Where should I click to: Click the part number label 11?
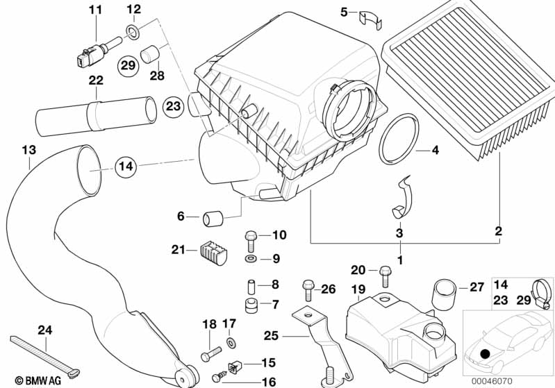coord(95,10)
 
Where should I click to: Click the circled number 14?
coord(125,167)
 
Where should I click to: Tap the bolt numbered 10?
coord(251,240)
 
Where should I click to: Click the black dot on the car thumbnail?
coord(485,355)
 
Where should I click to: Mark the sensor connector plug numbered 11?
coord(89,53)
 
